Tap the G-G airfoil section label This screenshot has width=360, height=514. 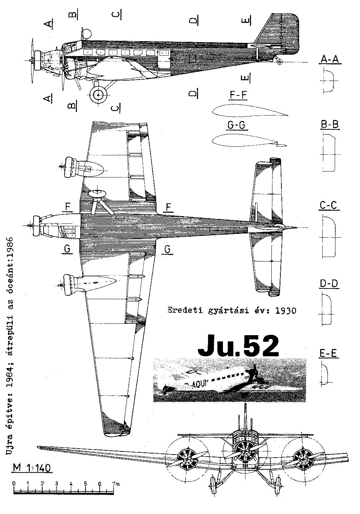point(236,125)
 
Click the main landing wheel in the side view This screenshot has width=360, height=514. point(99,95)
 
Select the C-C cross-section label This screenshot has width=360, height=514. point(330,205)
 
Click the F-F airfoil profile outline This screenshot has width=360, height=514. point(250,111)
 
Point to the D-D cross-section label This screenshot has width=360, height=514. point(329,284)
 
